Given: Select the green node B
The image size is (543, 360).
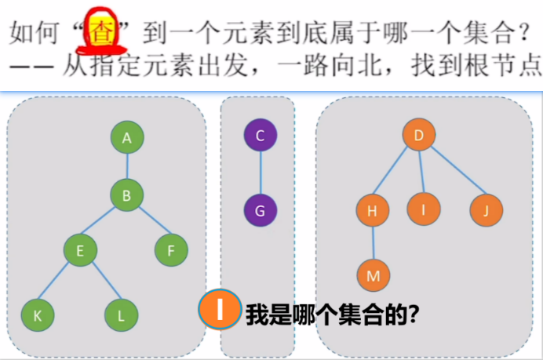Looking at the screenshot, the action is point(126,195).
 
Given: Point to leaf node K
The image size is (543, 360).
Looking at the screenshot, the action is point(36,315).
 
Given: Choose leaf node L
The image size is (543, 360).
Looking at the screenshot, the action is point(121,315).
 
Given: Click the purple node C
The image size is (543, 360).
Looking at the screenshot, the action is point(261,135).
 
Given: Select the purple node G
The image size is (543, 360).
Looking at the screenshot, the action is point(261,210).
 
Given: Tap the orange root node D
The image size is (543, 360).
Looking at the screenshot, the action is point(419,135).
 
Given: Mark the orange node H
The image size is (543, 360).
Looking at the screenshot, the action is point(373,209).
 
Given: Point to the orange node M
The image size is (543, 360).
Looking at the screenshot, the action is point(374,275).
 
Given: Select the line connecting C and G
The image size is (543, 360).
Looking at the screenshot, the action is point(261,173).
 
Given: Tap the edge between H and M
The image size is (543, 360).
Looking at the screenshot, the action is point(373,242).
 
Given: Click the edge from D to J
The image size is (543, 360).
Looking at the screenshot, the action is point(454,173).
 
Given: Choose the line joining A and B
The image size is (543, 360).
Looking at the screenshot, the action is point(126,166).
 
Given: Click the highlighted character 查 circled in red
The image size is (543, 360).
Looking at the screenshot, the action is point(101,33).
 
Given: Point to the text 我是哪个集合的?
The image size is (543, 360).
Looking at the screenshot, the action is point(330,315).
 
